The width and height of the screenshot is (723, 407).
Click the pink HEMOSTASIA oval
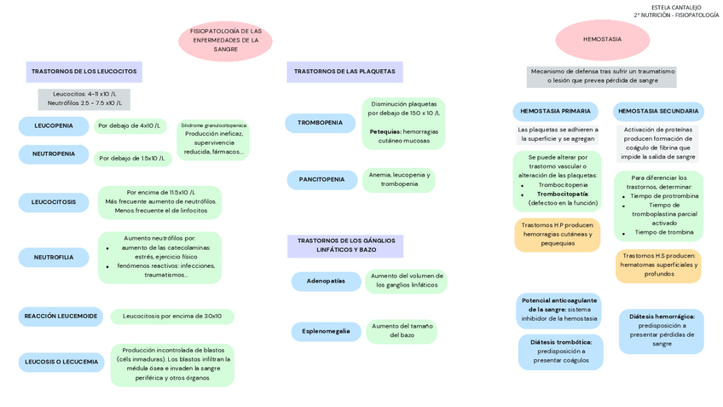tap(602, 39)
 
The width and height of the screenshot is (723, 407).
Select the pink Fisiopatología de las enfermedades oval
tap(225, 40)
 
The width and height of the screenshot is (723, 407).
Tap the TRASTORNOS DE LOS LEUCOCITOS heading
tap(84, 72)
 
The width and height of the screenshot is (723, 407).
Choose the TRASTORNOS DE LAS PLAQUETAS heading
tap(344, 72)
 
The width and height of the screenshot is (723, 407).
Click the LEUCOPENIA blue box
tap(54, 126)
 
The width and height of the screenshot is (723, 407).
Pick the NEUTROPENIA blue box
tap(54, 154)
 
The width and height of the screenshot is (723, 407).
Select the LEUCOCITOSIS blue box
tap(54, 202)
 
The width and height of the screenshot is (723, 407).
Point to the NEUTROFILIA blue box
tap(54, 257)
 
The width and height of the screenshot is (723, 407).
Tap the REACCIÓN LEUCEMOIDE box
tap(61, 317)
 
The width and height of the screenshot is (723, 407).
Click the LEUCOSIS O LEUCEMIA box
tap(61, 362)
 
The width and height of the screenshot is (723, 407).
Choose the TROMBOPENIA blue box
tap(320, 123)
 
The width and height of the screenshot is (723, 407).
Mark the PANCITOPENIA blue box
tap(321, 180)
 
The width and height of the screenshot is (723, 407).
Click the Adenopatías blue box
tap(326, 281)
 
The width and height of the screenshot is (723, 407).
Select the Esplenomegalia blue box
tap(326, 331)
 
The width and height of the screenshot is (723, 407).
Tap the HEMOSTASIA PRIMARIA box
tap(555, 111)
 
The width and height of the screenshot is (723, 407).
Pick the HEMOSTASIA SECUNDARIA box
tap(658, 111)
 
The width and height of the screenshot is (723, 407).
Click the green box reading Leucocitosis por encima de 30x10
tap(172, 317)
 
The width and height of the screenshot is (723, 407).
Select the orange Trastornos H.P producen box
tap(558, 235)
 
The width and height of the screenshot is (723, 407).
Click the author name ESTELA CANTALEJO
tap(676, 7)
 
